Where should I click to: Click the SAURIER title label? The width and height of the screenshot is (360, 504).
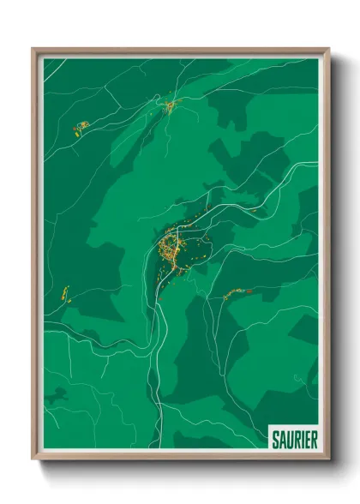[x=294, y=440]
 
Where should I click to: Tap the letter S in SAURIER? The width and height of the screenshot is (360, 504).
[x=275, y=440]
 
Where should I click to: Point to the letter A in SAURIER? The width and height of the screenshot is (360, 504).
[x=282, y=440]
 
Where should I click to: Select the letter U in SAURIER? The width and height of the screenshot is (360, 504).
[x=290, y=440]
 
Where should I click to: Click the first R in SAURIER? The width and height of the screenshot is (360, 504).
[x=297, y=440]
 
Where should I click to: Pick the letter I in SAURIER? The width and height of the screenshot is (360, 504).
[x=302, y=440]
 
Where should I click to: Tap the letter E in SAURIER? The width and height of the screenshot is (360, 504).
[x=307, y=440]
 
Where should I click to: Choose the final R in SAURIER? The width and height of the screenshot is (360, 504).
[x=314, y=440]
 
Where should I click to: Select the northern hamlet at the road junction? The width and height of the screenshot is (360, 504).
[x=170, y=105]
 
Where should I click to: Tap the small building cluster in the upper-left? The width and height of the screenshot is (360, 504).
[x=81, y=129]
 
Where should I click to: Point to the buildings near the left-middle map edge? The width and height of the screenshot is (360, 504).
[x=65, y=294]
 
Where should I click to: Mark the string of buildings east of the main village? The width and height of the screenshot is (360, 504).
[x=233, y=295]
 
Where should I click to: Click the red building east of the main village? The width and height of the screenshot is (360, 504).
[x=249, y=291]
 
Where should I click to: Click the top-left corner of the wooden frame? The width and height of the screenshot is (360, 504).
[x=34, y=50]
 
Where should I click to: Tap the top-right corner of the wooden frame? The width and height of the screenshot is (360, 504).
[x=328, y=50]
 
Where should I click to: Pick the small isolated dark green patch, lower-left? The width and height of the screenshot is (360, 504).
[x=57, y=395]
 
